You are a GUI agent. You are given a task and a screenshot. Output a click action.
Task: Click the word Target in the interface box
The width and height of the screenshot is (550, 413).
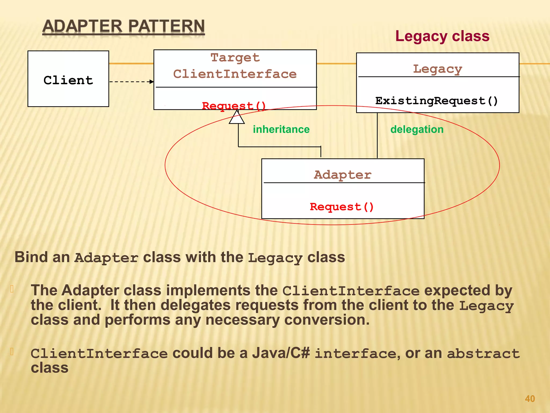[x=235, y=58]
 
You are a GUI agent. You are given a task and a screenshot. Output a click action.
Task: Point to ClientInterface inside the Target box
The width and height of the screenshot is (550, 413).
[x=235, y=74]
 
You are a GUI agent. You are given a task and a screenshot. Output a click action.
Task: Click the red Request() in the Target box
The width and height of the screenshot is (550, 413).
[x=234, y=106]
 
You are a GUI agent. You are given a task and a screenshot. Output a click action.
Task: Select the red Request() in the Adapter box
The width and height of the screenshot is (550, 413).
[x=342, y=207]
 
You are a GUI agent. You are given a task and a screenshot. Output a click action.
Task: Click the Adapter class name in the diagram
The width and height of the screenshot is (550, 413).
[x=343, y=175]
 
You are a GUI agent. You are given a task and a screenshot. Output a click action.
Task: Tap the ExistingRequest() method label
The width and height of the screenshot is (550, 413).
[x=437, y=101]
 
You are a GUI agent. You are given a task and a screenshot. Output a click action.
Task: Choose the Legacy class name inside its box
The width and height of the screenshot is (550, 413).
[x=437, y=69]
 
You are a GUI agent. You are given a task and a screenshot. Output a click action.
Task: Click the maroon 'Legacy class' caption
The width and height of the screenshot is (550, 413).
[x=442, y=36]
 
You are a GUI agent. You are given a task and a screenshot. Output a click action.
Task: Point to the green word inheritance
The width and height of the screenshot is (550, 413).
[x=281, y=129]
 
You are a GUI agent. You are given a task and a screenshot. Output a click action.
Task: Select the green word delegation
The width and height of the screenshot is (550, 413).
[x=417, y=129]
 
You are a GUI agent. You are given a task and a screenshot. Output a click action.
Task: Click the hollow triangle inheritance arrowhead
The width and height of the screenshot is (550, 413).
[x=237, y=118]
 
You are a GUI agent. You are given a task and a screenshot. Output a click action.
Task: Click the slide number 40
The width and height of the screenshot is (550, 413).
[x=530, y=398]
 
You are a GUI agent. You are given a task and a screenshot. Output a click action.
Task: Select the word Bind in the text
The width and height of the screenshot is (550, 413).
[x=31, y=257]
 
